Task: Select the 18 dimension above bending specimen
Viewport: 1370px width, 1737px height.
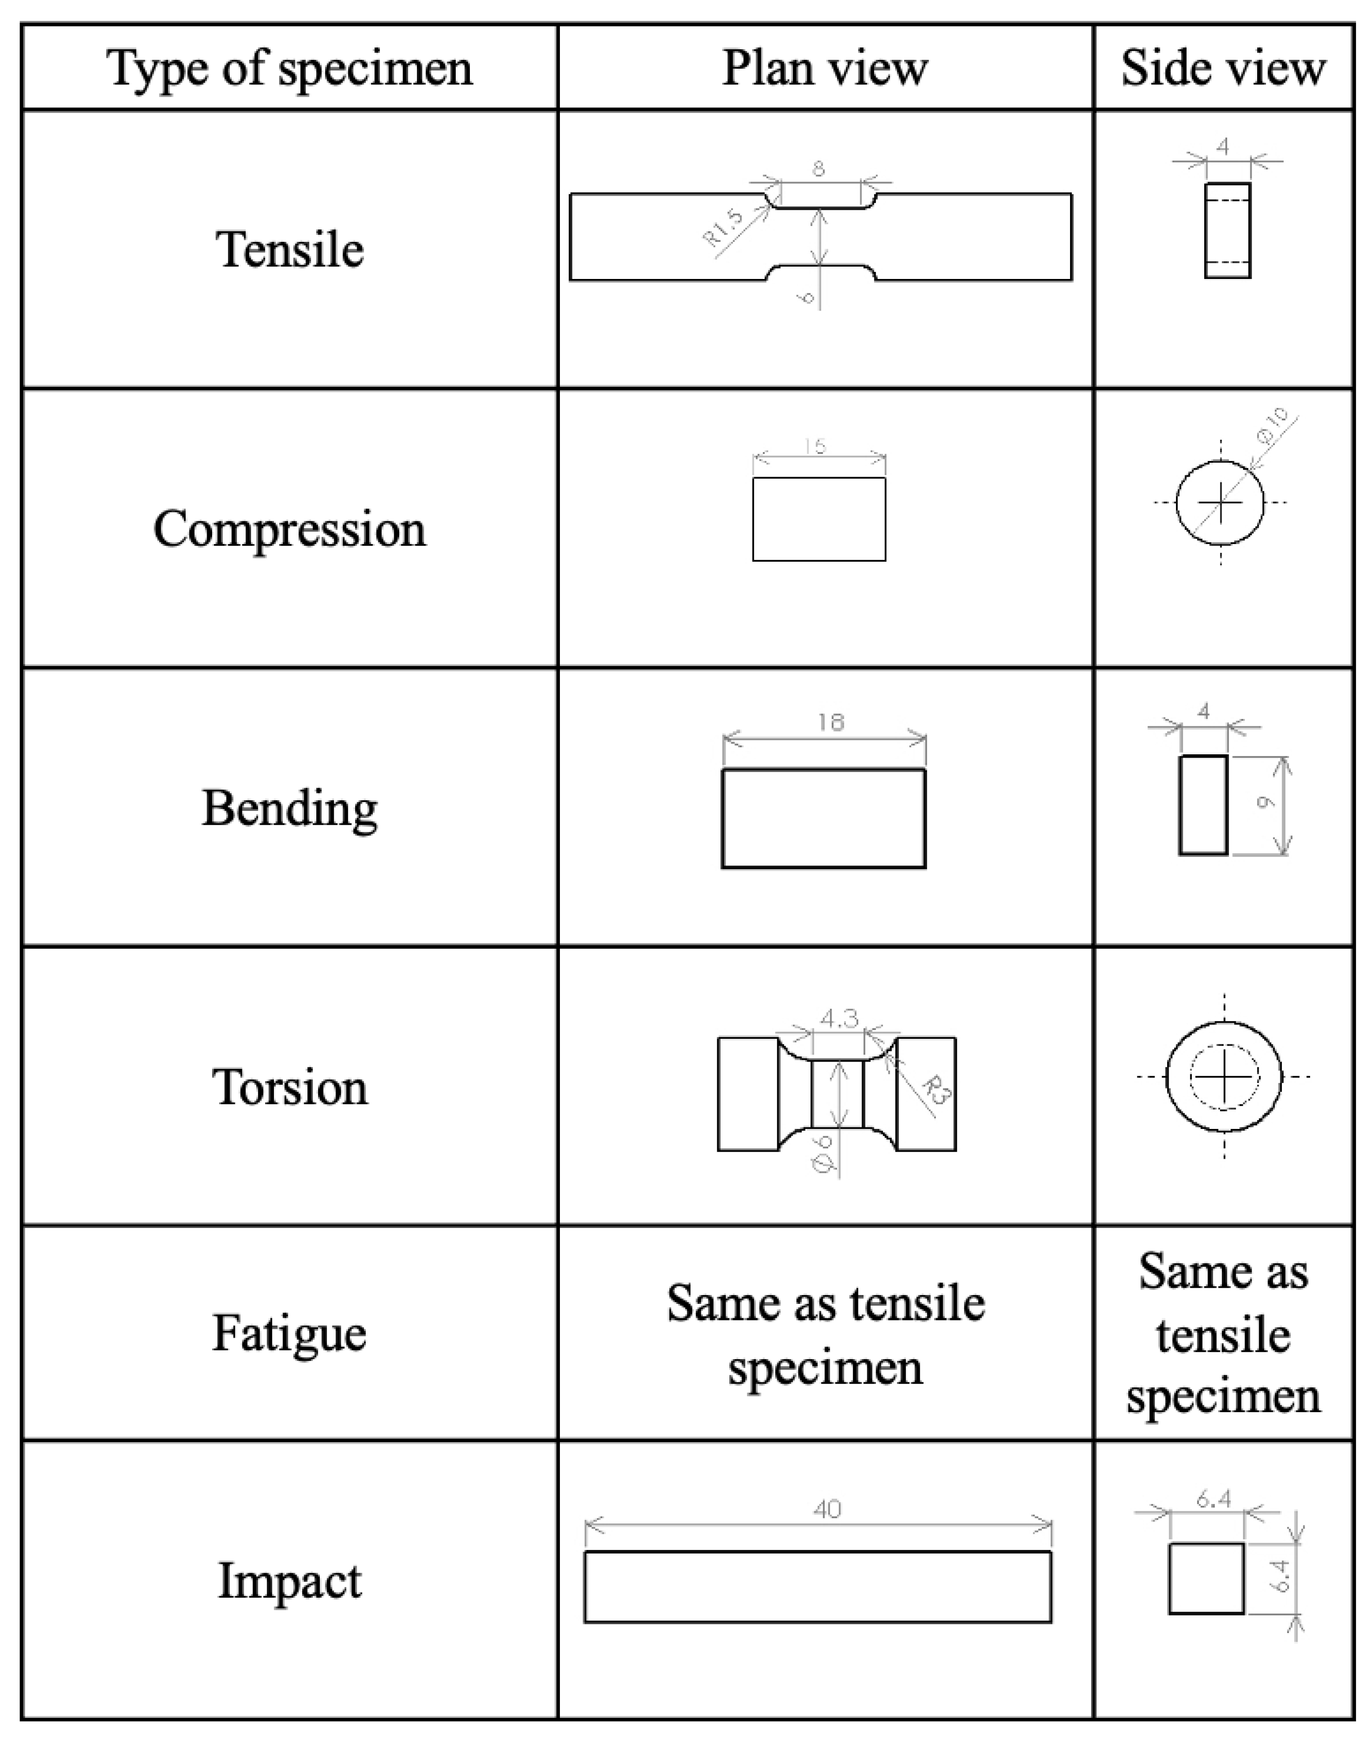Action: pos(831,723)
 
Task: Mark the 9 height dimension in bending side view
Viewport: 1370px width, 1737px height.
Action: pos(1265,803)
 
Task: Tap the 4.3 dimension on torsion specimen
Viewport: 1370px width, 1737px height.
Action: pos(839,1018)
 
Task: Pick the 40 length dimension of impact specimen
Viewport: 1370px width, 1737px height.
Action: pos(827,1510)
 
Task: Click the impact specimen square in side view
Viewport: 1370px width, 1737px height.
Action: pos(1206,1578)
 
